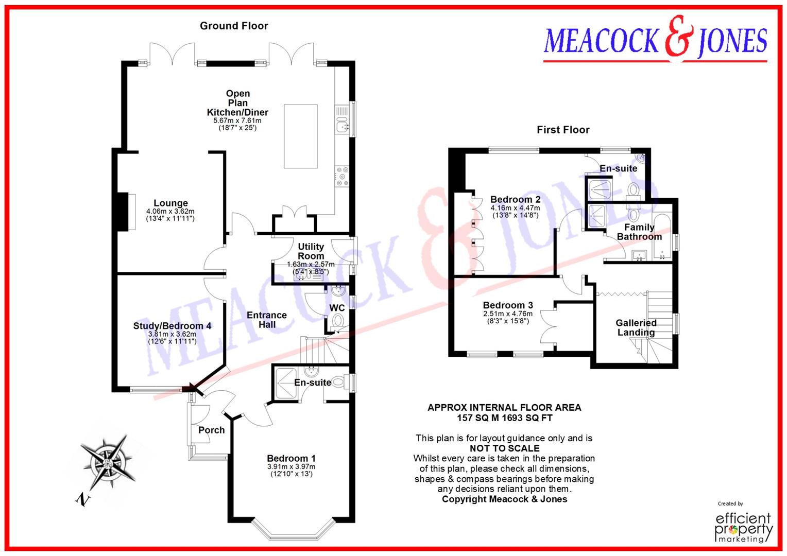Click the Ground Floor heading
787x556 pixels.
[x=234, y=26]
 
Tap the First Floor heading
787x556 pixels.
[x=563, y=130]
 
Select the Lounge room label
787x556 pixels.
[x=170, y=203]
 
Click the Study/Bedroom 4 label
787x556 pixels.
[x=172, y=326]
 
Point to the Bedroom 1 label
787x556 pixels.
[x=291, y=458]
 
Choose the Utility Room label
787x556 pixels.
[x=311, y=251]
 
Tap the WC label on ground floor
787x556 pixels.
[x=337, y=308]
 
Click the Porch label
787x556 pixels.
[x=211, y=430]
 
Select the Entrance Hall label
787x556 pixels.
[x=266, y=320]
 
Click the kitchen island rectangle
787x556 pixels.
[x=301, y=136]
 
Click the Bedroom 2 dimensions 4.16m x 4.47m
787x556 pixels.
[x=515, y=208]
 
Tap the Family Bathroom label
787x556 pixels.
[x=639, y=232]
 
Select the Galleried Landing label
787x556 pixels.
[x=636, y=327]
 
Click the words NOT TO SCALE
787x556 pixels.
[x=504, y=448]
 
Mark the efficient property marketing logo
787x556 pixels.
[x=744, y=526]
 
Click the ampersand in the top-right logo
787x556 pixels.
[x=678, y=37]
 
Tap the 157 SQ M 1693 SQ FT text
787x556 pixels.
[x=504, y=418]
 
